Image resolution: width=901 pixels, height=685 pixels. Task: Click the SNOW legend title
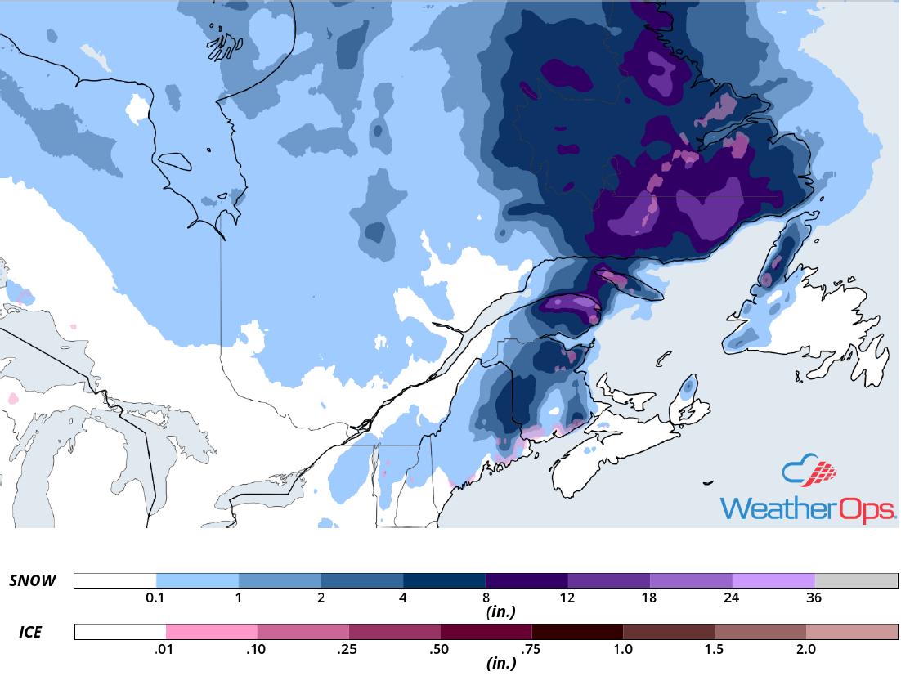click(33, 581)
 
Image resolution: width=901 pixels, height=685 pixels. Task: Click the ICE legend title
click(31, 633)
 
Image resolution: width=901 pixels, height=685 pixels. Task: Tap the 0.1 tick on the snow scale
click(155, 598)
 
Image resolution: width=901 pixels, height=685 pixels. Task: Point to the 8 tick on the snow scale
click(486, 598)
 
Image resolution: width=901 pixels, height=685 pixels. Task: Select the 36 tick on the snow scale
click(814, 598)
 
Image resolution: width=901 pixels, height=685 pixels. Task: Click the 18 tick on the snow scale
click(650, 598)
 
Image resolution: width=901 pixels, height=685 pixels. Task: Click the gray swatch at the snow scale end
click(856, 580)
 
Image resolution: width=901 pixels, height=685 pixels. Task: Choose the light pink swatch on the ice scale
click(211, 633)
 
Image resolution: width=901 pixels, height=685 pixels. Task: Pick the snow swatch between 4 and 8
click(444, 580)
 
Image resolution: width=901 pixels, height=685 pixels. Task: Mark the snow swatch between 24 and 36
click(773, 580)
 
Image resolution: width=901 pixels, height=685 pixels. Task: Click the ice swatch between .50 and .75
click(486, 633)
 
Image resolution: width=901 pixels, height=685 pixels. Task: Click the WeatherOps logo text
click(808, 508)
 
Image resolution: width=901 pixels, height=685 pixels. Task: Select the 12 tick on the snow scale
click(567, 598)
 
